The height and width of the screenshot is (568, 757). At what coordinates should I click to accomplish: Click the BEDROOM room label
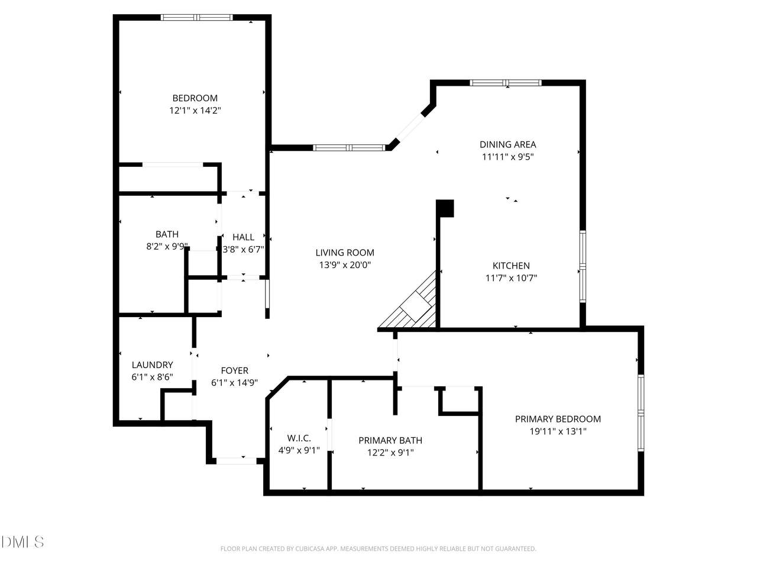(195, 98)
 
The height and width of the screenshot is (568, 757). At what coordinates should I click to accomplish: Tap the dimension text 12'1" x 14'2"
(195, 111)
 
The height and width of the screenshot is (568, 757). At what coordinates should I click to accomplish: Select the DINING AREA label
(507, 144)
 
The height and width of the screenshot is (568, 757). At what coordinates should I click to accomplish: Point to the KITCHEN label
(511, 266)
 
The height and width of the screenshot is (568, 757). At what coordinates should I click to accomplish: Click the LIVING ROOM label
(345, 253)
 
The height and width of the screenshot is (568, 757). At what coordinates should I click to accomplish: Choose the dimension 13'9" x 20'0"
(345, 265)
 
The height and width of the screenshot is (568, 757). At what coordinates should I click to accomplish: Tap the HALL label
(243, 237)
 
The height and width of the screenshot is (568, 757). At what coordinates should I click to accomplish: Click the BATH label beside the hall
(167, 234)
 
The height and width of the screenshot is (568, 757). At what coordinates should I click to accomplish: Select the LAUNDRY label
(152, 364)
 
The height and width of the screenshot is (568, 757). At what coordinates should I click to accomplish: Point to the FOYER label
(235, 370)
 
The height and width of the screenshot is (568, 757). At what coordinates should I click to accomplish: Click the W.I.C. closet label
(299, 438)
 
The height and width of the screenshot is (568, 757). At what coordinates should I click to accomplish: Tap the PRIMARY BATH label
(390, 440)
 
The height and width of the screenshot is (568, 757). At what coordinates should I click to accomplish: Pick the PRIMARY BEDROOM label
(558, 419)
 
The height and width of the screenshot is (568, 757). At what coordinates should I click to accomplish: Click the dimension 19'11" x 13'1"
(558, 431)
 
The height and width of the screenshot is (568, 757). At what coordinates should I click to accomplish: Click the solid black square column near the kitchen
(445, 208)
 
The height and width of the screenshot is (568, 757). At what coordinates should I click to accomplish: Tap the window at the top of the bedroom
(196, 17)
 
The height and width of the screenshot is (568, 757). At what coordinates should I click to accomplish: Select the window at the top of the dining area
(506, 83)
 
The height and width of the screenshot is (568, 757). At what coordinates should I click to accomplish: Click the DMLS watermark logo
(22, 541)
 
